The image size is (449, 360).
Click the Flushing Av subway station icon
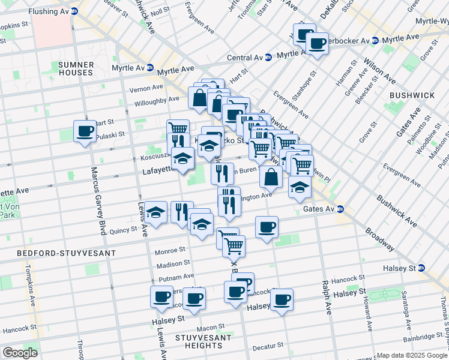pyautogui.click(x=74, y=11)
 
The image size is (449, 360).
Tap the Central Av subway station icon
pyautogui.click(x=268, y=58)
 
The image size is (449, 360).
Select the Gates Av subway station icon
pyautogui.click(x=340, y=209)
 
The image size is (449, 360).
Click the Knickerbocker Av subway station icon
pyautogui.click(x=375, y=40)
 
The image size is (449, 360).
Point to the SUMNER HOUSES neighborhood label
pyautogui.click(x=76, y=68)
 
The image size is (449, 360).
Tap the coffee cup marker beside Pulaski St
pyautogui.click(x=85, y=131)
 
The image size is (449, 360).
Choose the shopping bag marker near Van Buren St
pyautogui.click(x=271, y=176)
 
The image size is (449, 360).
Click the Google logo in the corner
pyautogui.click(x=19, y=353)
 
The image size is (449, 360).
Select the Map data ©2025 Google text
pyautogui.click(x=412, y=355)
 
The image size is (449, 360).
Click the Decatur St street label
pyautogui.click(x=267, y=346)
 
